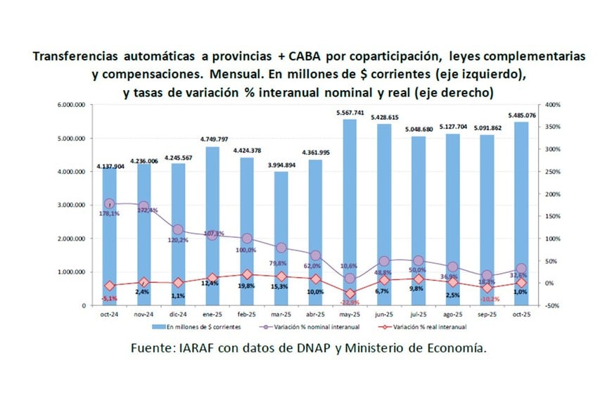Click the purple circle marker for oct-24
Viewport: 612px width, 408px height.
pos(109,203)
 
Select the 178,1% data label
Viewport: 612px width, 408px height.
pos(109,213)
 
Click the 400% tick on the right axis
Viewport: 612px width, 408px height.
pos(553,105)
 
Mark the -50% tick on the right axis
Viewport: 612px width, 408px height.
pos(553,305)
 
